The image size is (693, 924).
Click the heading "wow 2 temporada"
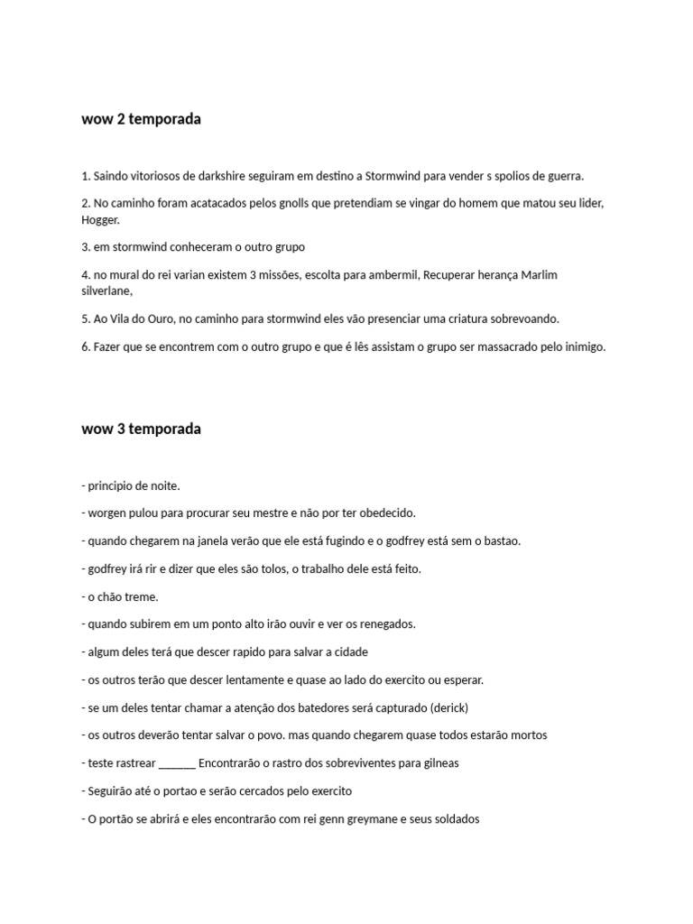point(141,119)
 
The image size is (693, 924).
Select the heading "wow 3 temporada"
point(141,429)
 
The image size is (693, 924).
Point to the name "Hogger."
point(100,219)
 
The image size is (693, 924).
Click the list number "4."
point(86,274)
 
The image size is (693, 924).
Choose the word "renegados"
point(385,624)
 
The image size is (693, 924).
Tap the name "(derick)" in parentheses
point(448,707)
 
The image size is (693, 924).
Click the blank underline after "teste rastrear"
point(177,763)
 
